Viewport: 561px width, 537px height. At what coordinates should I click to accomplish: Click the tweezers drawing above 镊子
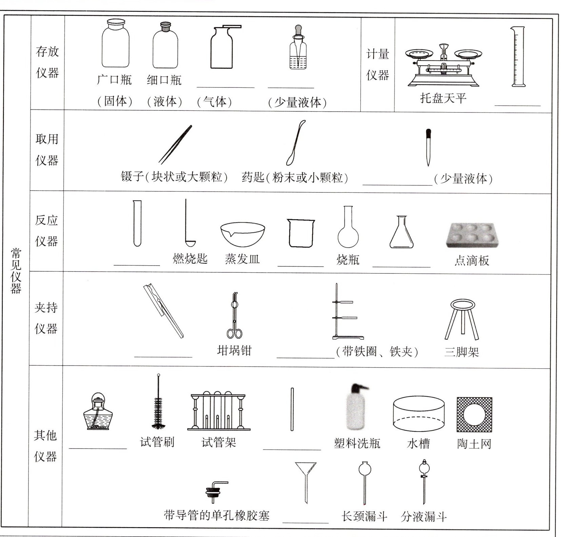tap(175, 145)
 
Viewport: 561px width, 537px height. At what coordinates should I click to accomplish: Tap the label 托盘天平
tap(443, 98)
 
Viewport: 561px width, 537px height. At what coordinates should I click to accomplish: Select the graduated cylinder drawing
tap(518, 57)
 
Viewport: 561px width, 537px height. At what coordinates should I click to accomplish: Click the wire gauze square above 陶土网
tap(474, 415)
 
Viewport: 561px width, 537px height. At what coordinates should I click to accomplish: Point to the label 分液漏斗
tap(424, 517)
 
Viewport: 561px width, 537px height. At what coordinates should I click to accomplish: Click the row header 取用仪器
tap(47, 149)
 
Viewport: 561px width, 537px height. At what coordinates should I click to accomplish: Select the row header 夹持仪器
tap(46, 318)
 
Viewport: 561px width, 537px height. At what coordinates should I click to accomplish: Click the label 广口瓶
tap(114, 80)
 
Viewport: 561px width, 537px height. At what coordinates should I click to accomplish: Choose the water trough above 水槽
tap(419, 414)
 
